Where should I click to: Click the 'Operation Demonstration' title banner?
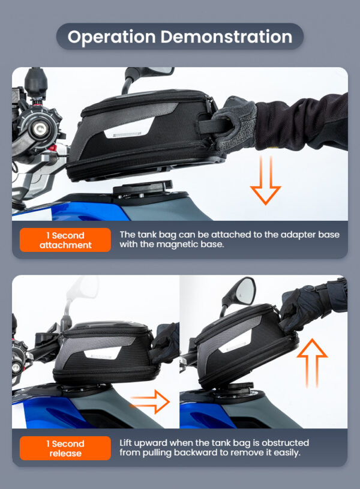tap(180, 37)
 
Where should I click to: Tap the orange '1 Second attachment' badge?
tap(65, 240)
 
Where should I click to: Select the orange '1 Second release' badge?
tap(65, 448)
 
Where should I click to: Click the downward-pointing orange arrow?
tap(265, 180)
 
